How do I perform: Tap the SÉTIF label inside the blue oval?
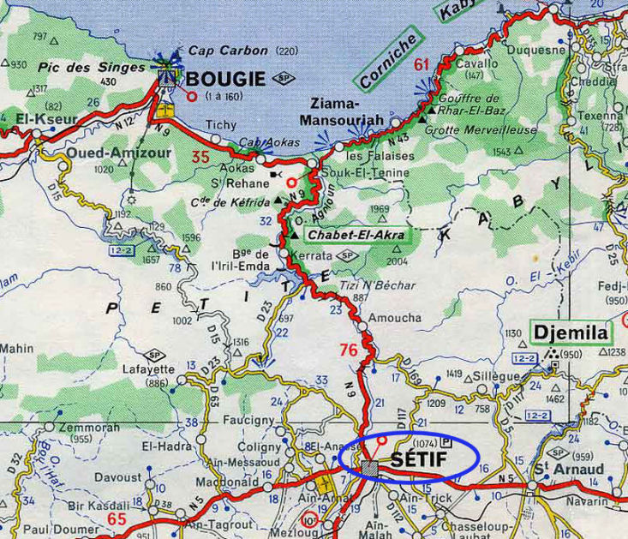(421, 459)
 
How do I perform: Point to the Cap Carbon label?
(228, 51)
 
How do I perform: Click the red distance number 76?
(349, 350)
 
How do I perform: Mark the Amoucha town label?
(394, 317)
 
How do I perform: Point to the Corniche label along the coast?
(388, 61)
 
